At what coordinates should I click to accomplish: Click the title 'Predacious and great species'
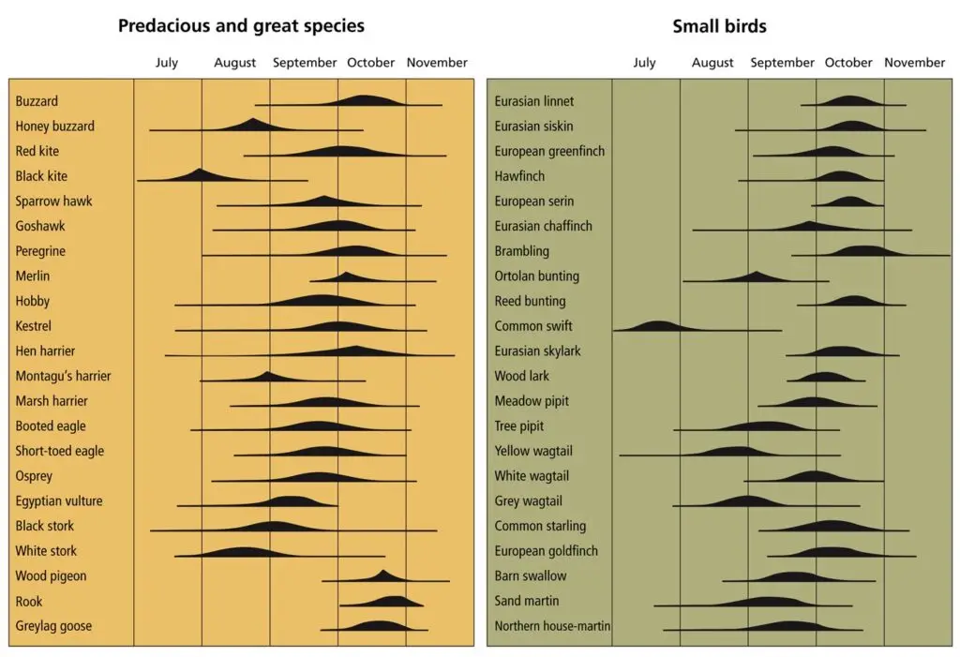pyautogui.click(x=241, y=25)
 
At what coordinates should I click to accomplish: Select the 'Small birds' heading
pyautogui.click(x=719, y=25)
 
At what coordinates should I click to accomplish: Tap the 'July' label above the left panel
pyautogui.click(x=166, y=63)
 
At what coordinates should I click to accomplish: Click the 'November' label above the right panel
pyautogui.click(x=914, y=63)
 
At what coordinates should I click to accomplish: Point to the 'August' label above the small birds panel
pyautogui.click(x=712, y=63)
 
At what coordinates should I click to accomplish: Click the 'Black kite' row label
pyautogui.click(x=41, y=176)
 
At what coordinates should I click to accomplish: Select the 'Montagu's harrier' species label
pyautogui.click(x=63, y=376)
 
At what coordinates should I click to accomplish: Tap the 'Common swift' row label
pyautogui.click(x=532, y=326)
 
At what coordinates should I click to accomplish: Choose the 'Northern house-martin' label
pyautogui.click(x=552, y=626)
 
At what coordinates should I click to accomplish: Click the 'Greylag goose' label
pyautogui.click(x=53, y=626)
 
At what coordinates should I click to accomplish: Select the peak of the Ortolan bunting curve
pyautogui.click(x=757, y=275)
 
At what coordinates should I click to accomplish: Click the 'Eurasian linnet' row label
pyautogui.click(x=533, y=101)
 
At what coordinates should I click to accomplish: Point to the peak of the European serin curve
pyautogui.click(x=849, y=199)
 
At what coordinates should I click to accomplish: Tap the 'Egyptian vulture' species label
pyautogui.click(x=59, y=501)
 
